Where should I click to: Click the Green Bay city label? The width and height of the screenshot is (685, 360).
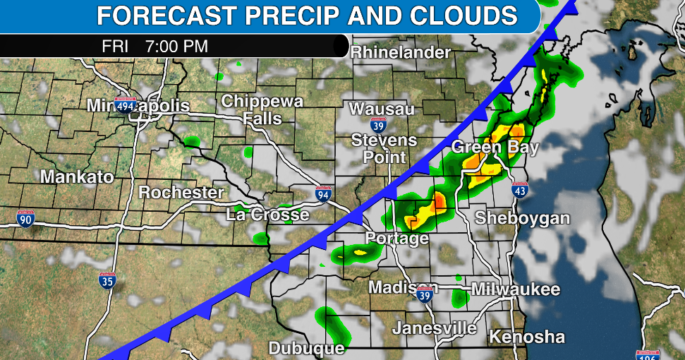click(495, 148)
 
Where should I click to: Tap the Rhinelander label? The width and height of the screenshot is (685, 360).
click(400, 52)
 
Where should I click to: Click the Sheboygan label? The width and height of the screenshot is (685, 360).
click(522, 217)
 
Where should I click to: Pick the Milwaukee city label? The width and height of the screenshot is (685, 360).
click(516, 289)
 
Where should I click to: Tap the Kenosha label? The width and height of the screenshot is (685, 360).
click(527, 336)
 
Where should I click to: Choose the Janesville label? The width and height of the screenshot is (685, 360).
click(435, 328)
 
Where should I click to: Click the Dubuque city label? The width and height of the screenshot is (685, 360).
click(306, 348)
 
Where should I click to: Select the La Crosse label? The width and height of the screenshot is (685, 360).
click(267, 214)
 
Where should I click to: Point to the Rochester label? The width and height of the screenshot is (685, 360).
click(181, 192)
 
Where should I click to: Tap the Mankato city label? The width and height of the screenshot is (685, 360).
click(77, 176)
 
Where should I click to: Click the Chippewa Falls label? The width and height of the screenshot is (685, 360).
click(262, 109)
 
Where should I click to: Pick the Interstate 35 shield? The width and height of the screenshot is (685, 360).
click(107, 280)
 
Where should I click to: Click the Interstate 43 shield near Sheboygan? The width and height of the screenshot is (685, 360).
click(520, 190)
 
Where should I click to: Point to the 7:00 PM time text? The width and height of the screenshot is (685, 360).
click(176, 47)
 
